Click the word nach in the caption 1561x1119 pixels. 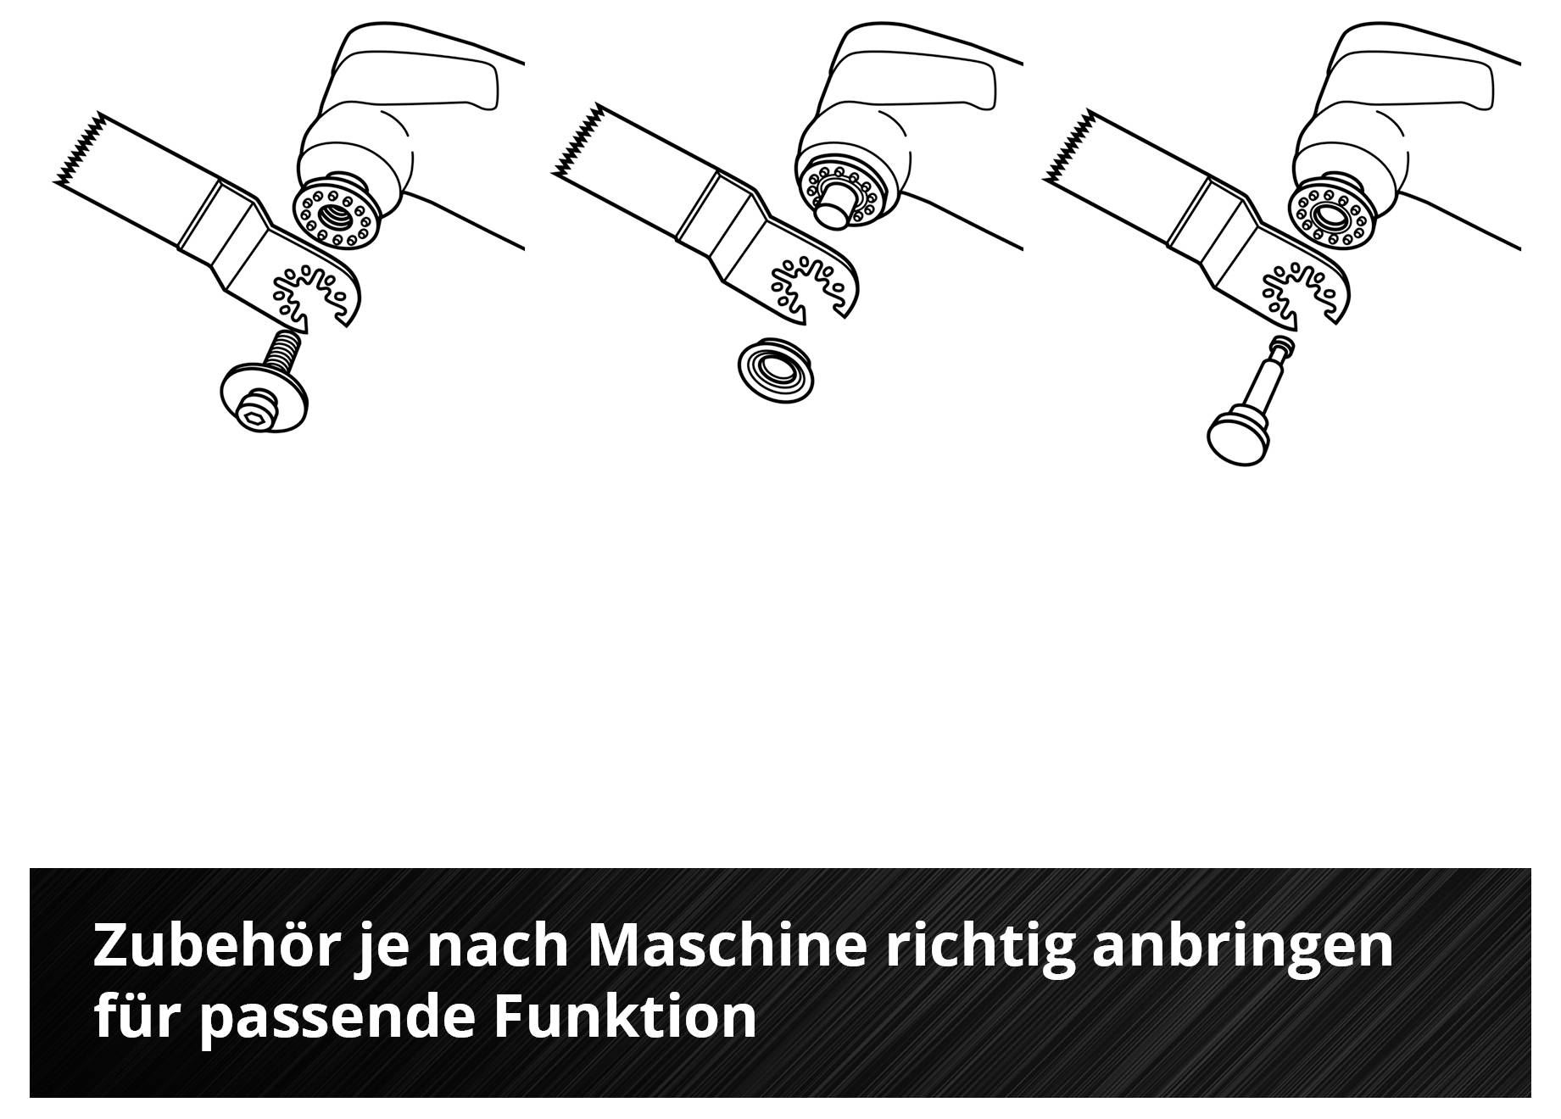[x=496, y=946]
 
